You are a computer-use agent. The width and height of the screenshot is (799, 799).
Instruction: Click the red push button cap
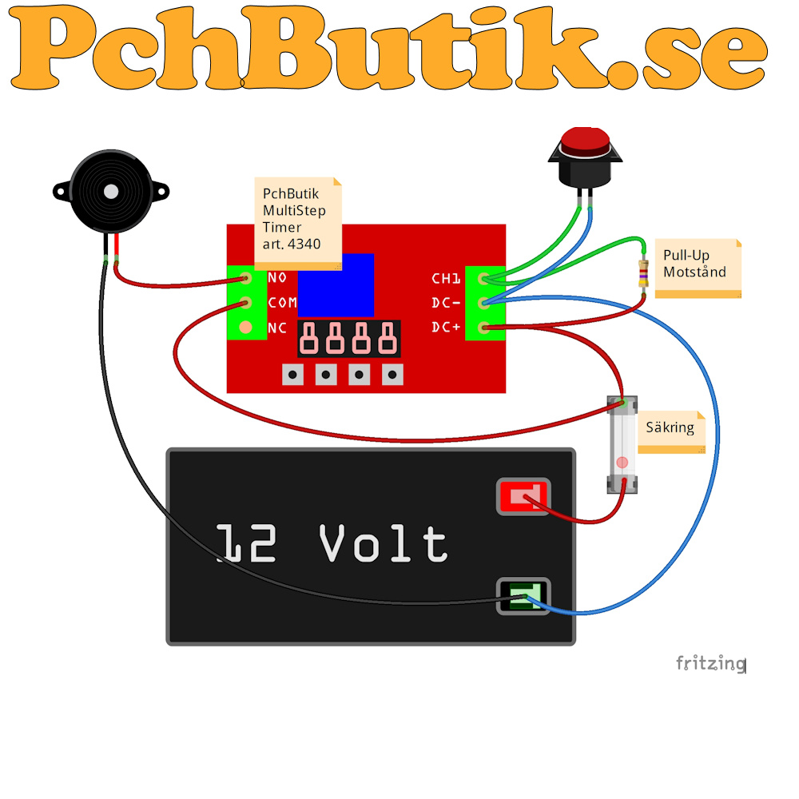(585, 141)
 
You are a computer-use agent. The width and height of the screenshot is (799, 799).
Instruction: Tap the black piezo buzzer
(111, 192)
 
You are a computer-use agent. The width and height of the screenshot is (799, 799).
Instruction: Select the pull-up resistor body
(643, 273)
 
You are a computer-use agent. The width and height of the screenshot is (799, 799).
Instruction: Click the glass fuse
(622, 445)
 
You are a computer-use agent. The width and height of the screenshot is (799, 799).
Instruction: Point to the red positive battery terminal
(523, 496)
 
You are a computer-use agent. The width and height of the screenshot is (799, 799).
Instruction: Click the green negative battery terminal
(523, 596)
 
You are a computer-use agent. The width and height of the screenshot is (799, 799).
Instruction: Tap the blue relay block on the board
(336, 285)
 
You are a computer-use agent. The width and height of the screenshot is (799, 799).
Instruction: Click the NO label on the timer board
(277, 278)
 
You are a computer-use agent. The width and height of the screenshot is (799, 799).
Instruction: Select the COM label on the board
(282, 303)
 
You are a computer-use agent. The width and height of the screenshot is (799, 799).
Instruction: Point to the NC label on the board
(277, 328)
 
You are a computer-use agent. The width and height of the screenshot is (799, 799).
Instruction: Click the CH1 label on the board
(446, 278)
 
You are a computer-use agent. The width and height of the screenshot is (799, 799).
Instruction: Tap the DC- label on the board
(446, 303)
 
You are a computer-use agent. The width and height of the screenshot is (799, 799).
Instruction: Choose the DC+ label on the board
(446, 327)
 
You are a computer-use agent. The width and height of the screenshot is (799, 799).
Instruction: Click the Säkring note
(672, 432)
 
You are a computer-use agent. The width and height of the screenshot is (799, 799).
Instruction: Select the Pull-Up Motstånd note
(698, 268)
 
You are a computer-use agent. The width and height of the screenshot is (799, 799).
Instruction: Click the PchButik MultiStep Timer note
(298, 223)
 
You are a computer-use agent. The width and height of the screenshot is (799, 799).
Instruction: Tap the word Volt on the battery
(384, 543)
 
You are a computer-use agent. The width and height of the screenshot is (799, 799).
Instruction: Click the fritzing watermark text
(711, 663)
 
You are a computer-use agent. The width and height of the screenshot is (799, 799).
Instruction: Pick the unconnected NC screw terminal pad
(245, 327)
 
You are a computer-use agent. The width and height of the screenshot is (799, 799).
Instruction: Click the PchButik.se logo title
(388, 47)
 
